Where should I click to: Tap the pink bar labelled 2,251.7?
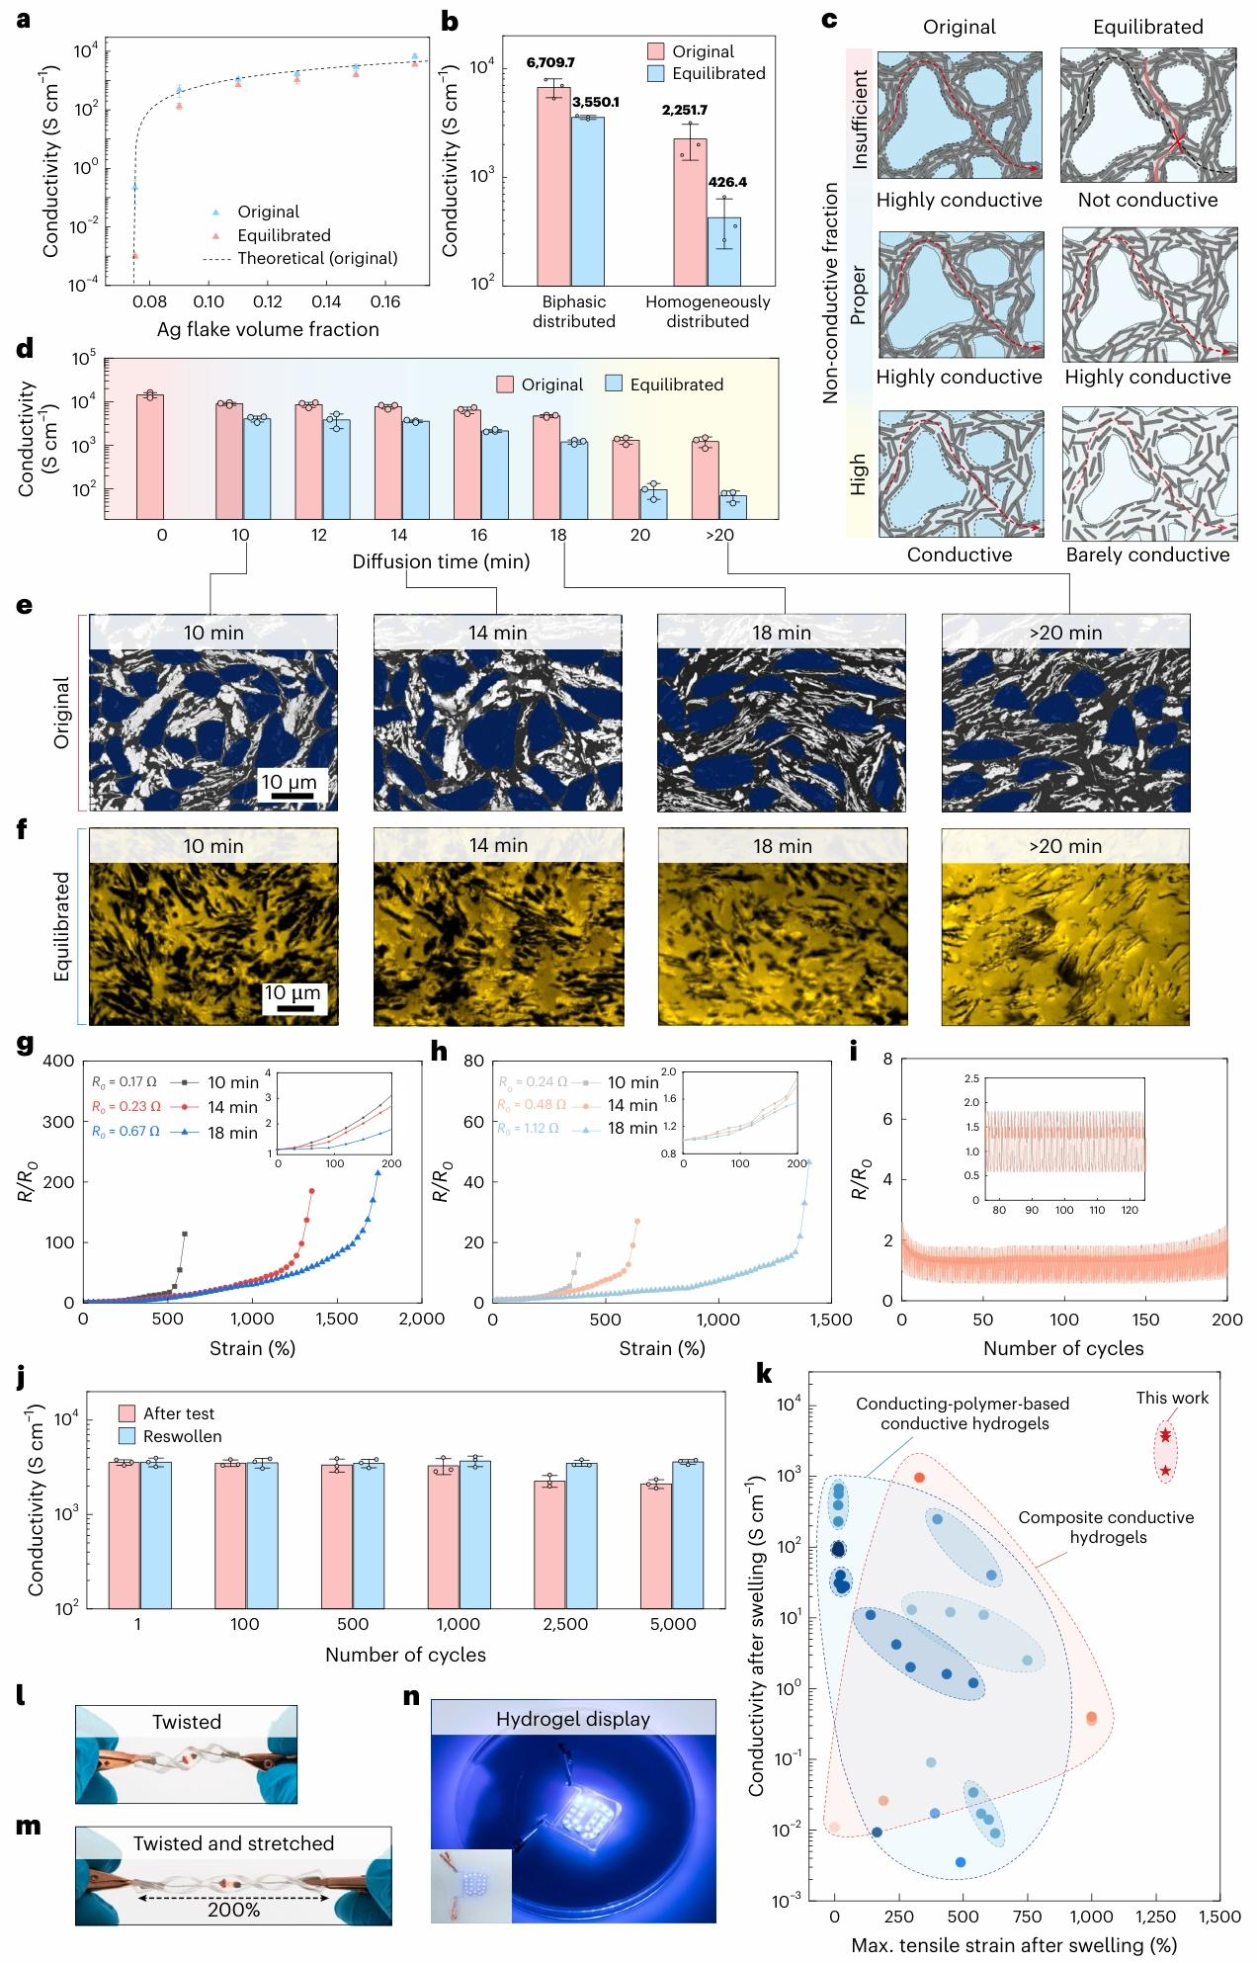[691, 212]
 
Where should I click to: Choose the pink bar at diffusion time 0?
[150, 456]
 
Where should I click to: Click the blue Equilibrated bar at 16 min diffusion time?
[495, 473]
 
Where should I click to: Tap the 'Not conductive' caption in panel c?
[1147, 200]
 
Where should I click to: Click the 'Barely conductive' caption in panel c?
[1147, 555]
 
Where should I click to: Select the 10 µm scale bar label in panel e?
[289, 782]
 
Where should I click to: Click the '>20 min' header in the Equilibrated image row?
[1065, 846]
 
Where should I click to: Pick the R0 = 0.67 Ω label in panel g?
[126, 1132]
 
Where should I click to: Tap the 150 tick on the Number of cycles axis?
[1145, 1319]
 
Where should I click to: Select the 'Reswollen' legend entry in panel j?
[169, 1436]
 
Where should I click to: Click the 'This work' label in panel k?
[1172, 1398]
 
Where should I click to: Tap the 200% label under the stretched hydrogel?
[234, 1909]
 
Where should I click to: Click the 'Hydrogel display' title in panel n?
[573, 1719]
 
